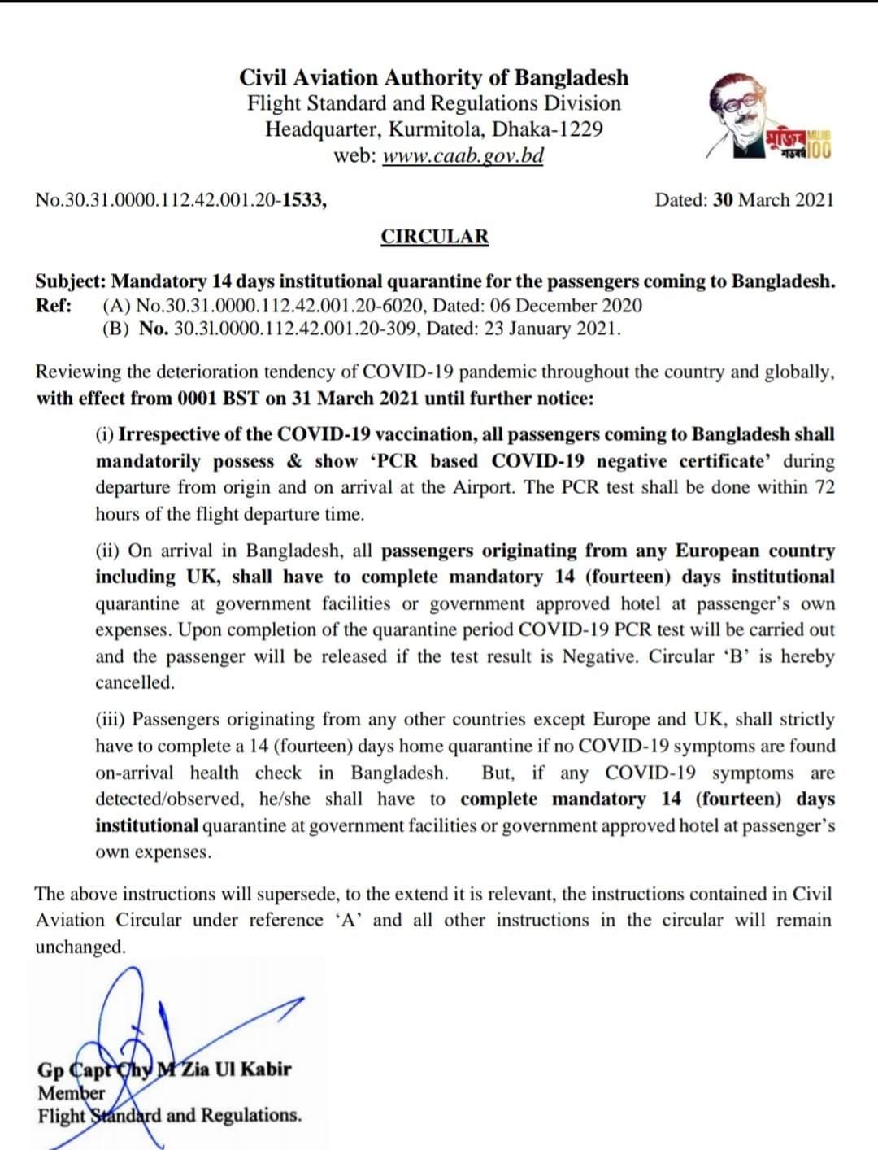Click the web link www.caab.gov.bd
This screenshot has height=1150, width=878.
coord(462,155)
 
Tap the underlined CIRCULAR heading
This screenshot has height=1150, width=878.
coord(435,237)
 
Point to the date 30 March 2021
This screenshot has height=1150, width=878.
coord(773,200)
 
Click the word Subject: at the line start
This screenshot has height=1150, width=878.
coord(70,281)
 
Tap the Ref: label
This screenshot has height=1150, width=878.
coord(54,306)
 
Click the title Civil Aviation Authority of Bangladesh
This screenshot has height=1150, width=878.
coord(434,77)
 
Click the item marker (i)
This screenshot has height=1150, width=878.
coord(105,434)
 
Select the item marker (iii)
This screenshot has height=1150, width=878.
coord(111,720)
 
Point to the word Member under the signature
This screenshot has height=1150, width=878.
coord(72,1092)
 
